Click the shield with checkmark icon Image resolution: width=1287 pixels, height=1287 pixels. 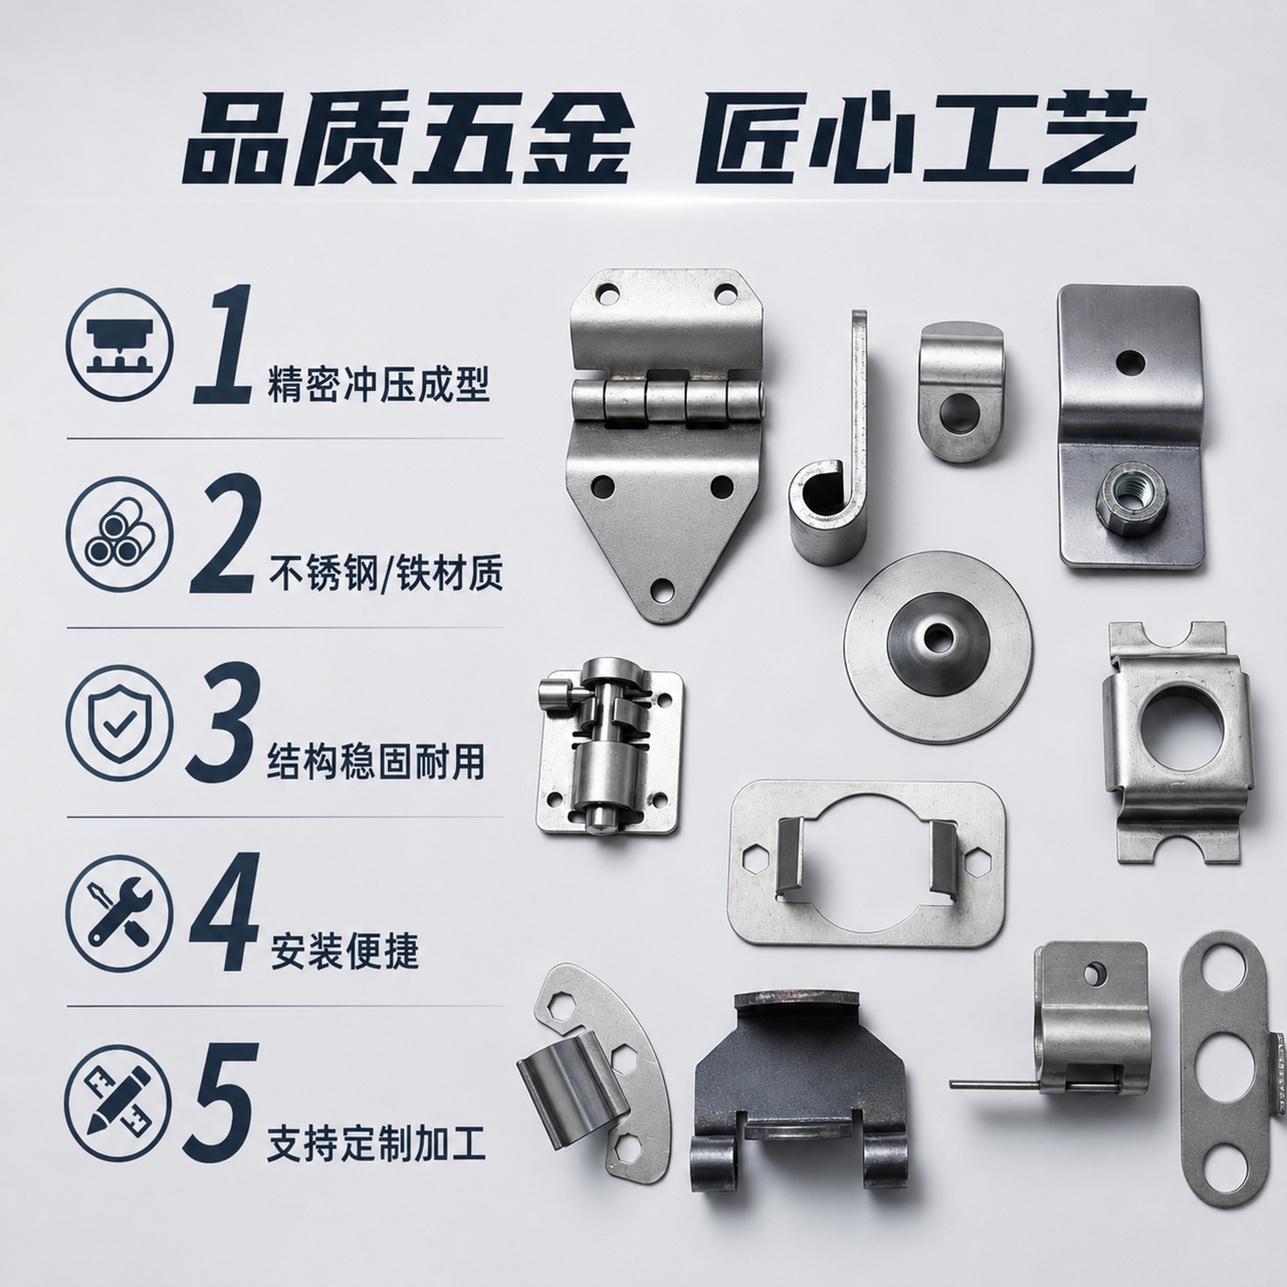pyautogui.click(x=119, y=724)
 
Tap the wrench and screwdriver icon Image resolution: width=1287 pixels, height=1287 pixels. pyautogui.click(x=119, y=912)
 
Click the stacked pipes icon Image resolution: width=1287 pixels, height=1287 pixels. pyautogui.click(x=119, y=535)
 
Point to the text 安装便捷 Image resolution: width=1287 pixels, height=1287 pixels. pyautogui.click(x=344, y=952)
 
